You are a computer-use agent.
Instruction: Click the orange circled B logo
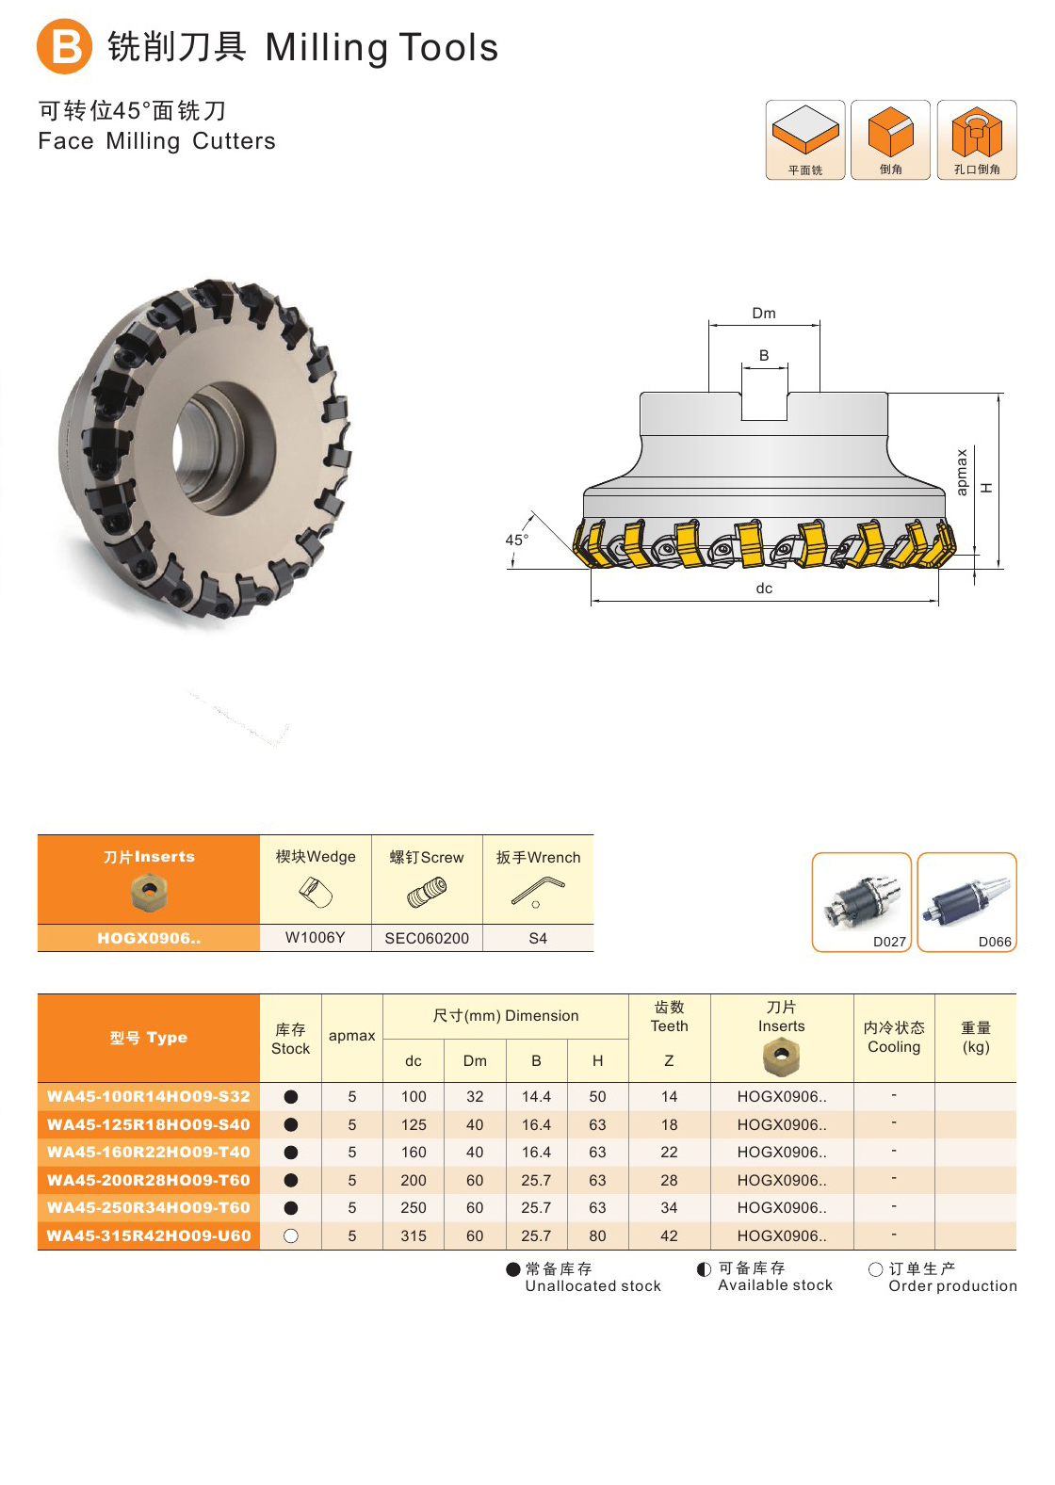click(64, 46)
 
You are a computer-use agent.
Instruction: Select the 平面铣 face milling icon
click(805, 140)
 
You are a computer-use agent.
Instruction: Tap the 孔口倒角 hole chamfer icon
click(977, 140)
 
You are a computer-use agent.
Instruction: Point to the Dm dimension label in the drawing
click(764, 313)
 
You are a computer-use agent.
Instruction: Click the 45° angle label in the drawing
click(517, 540)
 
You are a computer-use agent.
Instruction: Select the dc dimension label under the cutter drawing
click(764, 588)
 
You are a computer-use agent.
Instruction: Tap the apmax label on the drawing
click(962, 472)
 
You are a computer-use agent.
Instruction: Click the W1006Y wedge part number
click(315, 937)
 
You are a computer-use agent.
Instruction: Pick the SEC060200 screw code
click(427, 938)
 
